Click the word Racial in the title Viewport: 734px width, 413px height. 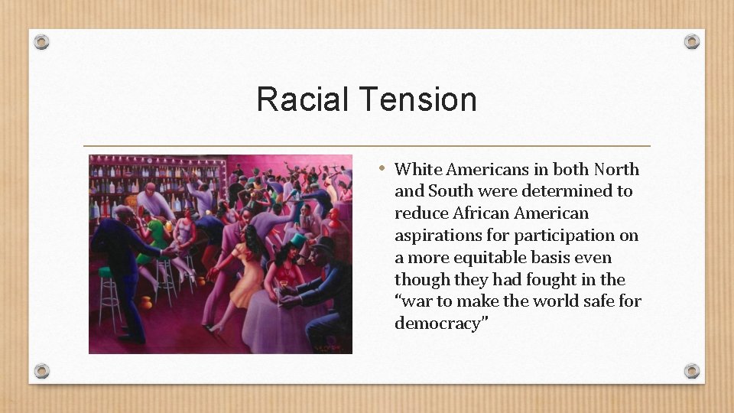pyautogui.click(x=303, y=99)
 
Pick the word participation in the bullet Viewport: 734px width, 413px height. pyautogui.click(x=567, y=236)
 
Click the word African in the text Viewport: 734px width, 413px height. pyautogui.click(x=480, y=213)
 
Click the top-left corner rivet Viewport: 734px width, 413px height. pyautogui.click(x=42, y=42)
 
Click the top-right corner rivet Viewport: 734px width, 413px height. pyautogui.click(x=692, y=42)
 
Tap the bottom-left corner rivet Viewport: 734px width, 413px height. pyautogui.click(x=42, y=371)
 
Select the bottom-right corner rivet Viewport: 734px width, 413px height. pyautogui.click(x=692, y=371)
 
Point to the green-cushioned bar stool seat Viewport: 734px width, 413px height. pyautogui.click(x=105, y=271)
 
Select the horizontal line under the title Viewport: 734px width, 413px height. pyautogui.click(x=366, y=145)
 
